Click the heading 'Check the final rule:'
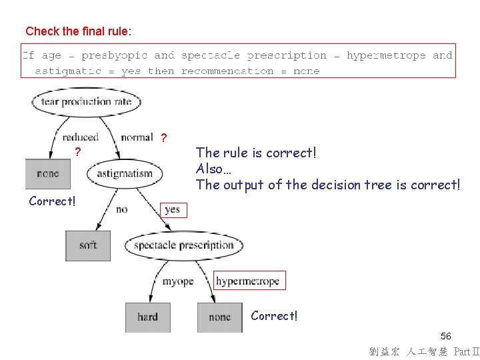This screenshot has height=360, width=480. [x=79, y=31]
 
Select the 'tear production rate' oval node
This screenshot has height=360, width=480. [x=86, y=102]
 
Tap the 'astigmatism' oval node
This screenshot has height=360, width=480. [x=124, y=174]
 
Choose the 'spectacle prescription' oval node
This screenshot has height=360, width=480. [x=184, y=245]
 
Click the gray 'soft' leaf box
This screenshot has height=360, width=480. [x=88, y=245]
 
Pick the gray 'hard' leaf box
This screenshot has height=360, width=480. [x=147, y=317]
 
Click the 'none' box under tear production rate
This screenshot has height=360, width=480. [x=47, y=173]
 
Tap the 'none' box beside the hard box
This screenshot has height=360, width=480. [x=219, y=317]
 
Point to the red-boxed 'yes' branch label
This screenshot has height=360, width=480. [x=173, y=209]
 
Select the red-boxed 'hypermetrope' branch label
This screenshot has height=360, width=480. [x=247, y=281]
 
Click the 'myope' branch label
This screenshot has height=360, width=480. [x=177, y=281]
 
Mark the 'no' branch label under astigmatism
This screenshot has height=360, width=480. [x=121, y=209]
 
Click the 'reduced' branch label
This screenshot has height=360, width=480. [x=80, y=137]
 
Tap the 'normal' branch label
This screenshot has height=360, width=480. [x=137, y=137]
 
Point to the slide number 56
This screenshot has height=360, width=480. [x=446, y=337]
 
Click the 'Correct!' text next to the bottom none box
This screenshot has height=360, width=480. [x=274, y=315]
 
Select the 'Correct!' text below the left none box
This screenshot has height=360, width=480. [x=52, y=201]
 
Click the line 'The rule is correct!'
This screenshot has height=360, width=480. [x=256, y=153]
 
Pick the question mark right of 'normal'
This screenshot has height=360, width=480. [x=163, y=138]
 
